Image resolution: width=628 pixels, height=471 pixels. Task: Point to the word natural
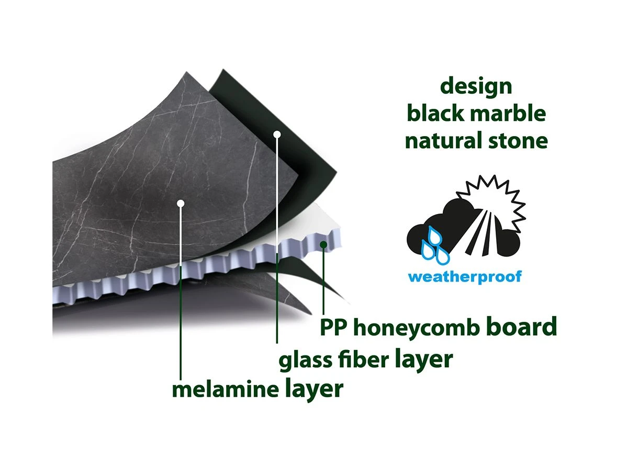click(x=443, y=140)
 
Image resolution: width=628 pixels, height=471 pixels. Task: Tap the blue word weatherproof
click(x=465, y=276)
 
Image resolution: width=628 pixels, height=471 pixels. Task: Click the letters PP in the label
click(x=333, y=327)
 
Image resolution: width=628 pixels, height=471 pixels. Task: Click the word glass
click(x=305, y=360)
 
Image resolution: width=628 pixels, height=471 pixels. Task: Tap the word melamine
click(x=226, y=389)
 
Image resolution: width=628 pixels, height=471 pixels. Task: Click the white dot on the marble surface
click(x=181, y=204)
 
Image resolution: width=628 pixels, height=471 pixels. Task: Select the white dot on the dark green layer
click(x=277, y=134)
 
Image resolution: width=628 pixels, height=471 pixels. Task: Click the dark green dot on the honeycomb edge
click(x=323, y=244)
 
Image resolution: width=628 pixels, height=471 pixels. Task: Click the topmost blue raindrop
click(x=435, y=235)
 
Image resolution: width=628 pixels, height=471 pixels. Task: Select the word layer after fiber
click(x=424, y=360)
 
